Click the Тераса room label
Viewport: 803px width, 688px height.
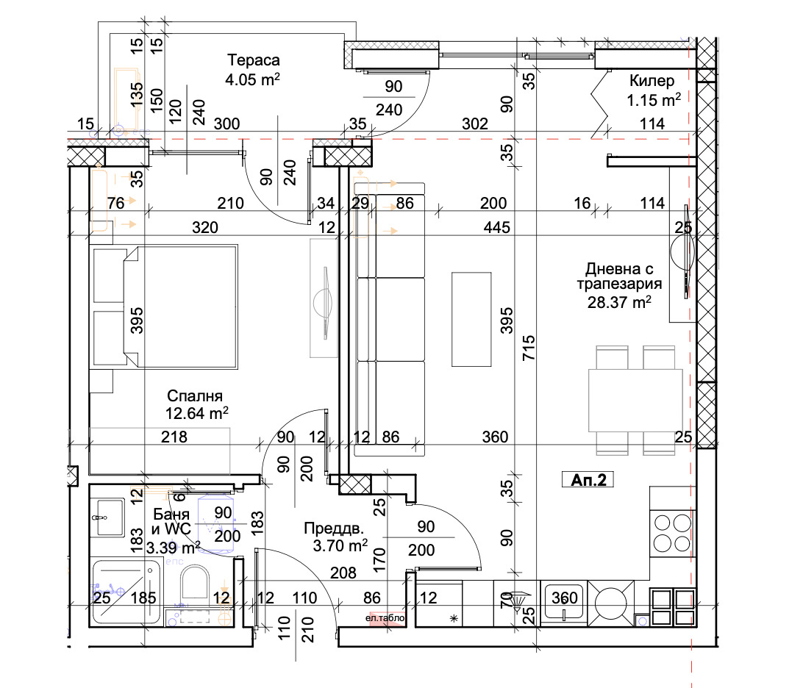(x=254, y=60)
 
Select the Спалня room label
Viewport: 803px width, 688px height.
(x=194, y=395)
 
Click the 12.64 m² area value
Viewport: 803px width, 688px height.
(x=196, y=415)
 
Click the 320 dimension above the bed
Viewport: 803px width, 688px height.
(x=205, y=228)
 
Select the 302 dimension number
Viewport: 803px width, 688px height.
(x=475, y=124)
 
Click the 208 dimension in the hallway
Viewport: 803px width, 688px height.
(x=343, y=572)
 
